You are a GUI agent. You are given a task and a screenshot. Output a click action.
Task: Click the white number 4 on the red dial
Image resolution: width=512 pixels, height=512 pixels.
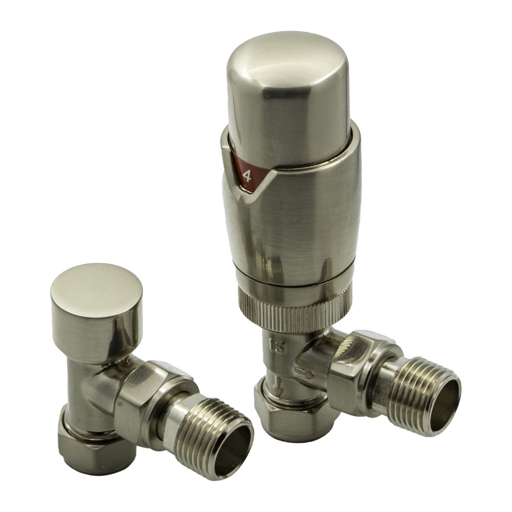coord(247,175)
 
